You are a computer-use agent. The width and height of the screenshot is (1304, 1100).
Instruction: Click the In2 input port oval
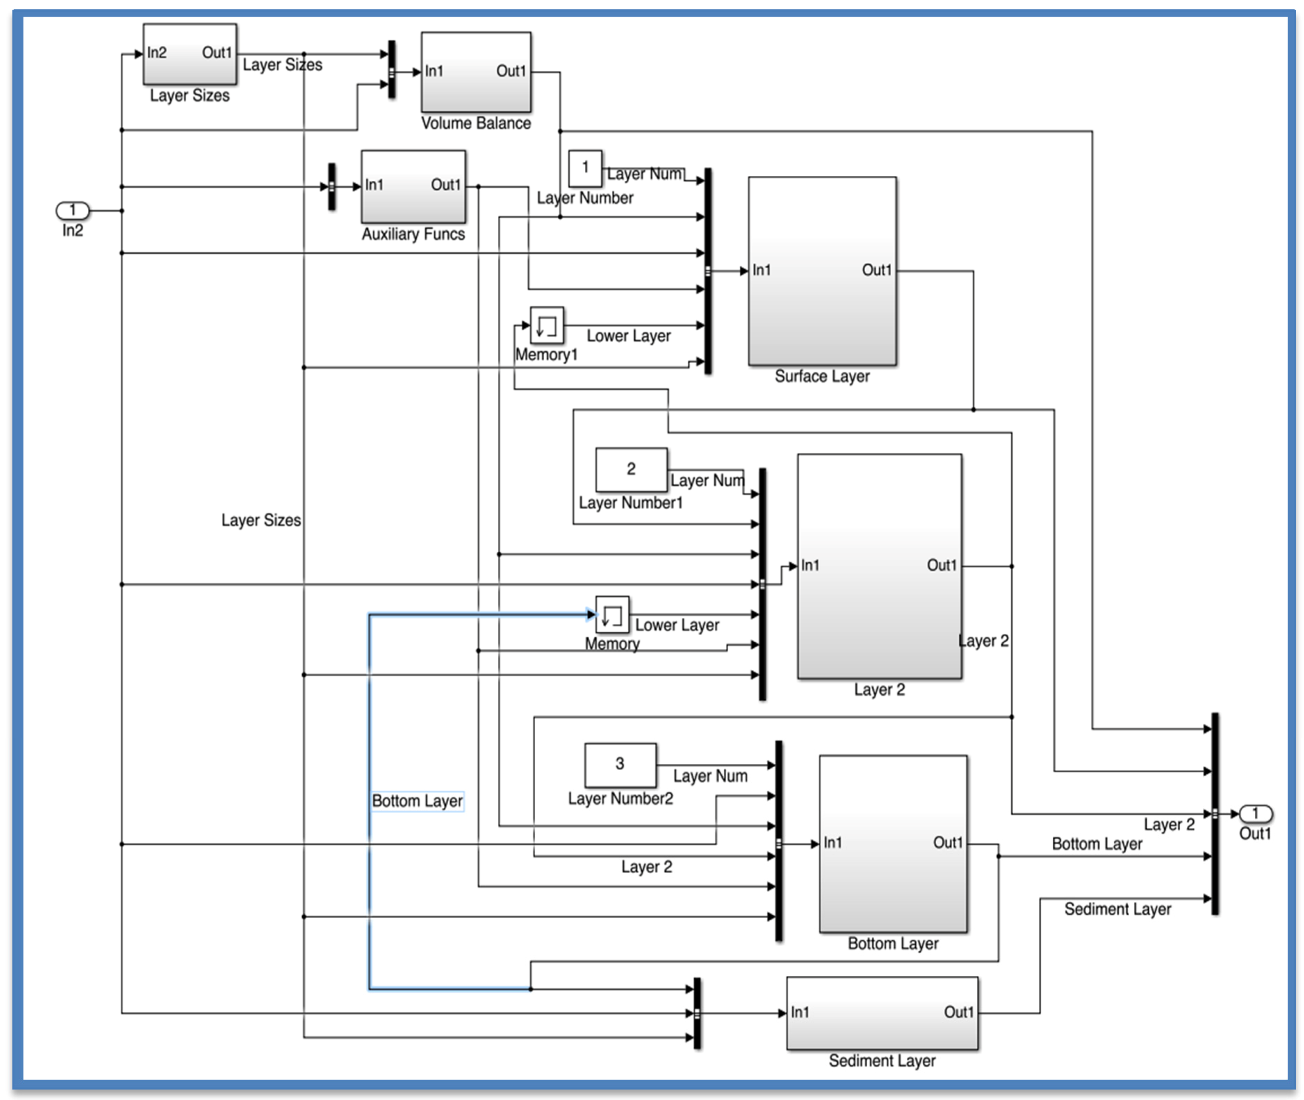click(x=72, y=210)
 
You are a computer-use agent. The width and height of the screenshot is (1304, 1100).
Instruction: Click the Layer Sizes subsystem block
click(x=190, y=54)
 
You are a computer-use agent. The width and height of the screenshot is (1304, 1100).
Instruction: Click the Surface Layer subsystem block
click(x=822, y=271)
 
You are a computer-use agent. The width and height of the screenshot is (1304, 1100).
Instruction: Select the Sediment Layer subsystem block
click(x=882, y=1013)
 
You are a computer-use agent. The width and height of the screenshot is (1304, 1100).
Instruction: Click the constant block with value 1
click(x=585, y=168)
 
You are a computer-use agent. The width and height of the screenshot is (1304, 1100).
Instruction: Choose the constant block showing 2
click(x=631, y=469)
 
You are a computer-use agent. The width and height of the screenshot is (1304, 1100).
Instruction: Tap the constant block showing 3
click(x=619, y=764)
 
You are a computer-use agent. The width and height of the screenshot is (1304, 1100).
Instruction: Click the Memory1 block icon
click(x=546, y=325)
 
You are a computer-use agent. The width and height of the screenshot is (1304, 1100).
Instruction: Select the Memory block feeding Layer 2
click(x=612, y=615)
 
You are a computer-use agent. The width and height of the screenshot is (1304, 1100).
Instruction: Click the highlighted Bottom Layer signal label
click(x=417, y=801)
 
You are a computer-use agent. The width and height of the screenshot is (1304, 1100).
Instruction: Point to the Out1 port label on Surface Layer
click(x=877, y=270)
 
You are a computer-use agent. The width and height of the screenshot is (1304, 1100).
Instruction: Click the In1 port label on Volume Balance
click(x=434, y=71)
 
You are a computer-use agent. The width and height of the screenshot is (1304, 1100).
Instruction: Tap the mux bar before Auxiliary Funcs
click(x=332, y=186)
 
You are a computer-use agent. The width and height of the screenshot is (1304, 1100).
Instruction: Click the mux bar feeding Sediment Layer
click(x=697, y=1013)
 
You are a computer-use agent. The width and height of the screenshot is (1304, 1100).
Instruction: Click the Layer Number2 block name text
click(x=620, y=799)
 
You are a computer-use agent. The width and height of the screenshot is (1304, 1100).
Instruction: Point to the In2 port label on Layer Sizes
click(x=156, y=52)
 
